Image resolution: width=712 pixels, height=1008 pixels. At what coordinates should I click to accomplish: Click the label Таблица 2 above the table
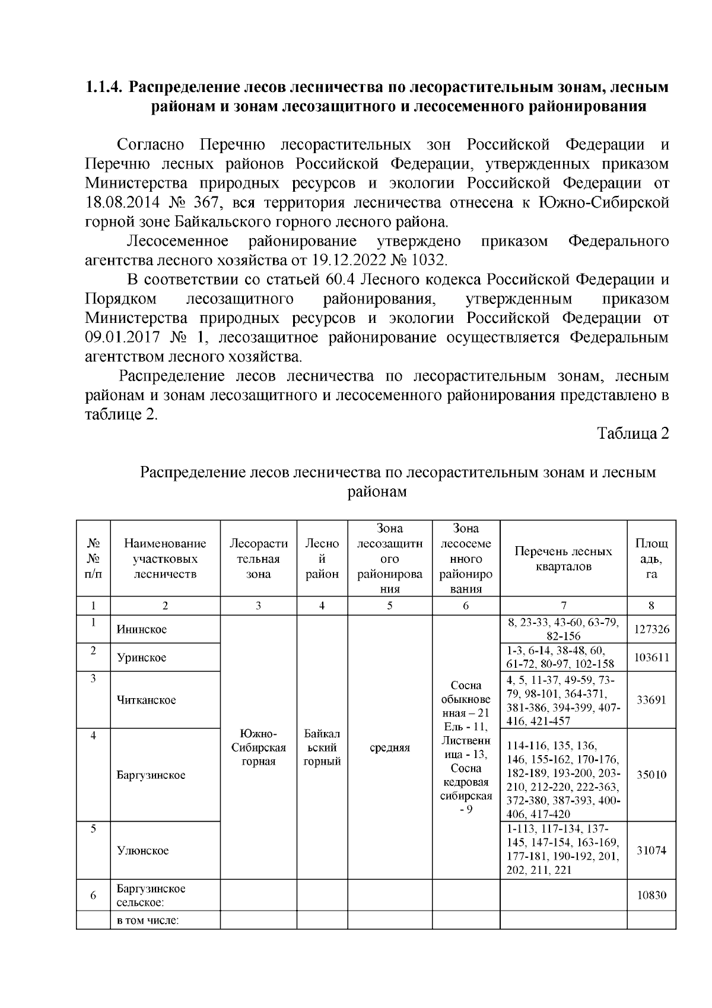pyautogui.click(x=633, y=433)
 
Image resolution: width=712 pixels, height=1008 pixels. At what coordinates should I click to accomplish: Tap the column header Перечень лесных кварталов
pyautogui.click(x=563, y=559)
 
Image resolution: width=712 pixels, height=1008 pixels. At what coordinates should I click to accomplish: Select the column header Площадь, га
pyautogui.click(x=651, y=559)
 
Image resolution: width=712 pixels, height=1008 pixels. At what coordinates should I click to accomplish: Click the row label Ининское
pyautogui.click(x=142, y=629)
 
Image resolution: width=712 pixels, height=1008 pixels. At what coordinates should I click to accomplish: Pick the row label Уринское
pyautogui.click(x=142, y=658)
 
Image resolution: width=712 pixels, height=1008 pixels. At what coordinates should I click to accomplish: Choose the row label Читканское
pyautogui.click(x=147, y=700)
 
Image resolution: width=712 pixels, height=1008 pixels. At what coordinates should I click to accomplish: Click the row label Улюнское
pyautogui.click(x=143, y=851)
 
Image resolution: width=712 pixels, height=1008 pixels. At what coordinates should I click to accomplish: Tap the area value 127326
pyautogui.click(x=651, y=629)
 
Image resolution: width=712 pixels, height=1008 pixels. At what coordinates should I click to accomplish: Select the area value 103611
pyautogui.click(x=651, y=658)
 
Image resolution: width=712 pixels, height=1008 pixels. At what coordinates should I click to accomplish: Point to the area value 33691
pyautogui.click(x=651, y=700)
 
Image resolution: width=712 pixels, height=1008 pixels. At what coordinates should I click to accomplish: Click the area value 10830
pyautogui.click(x=651, y=895)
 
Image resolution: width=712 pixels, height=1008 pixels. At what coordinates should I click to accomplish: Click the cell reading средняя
pyautogui.click(x=390, y=748)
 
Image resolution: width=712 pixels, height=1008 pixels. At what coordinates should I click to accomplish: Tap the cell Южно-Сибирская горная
pyautogui.click(x=259, y=747)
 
